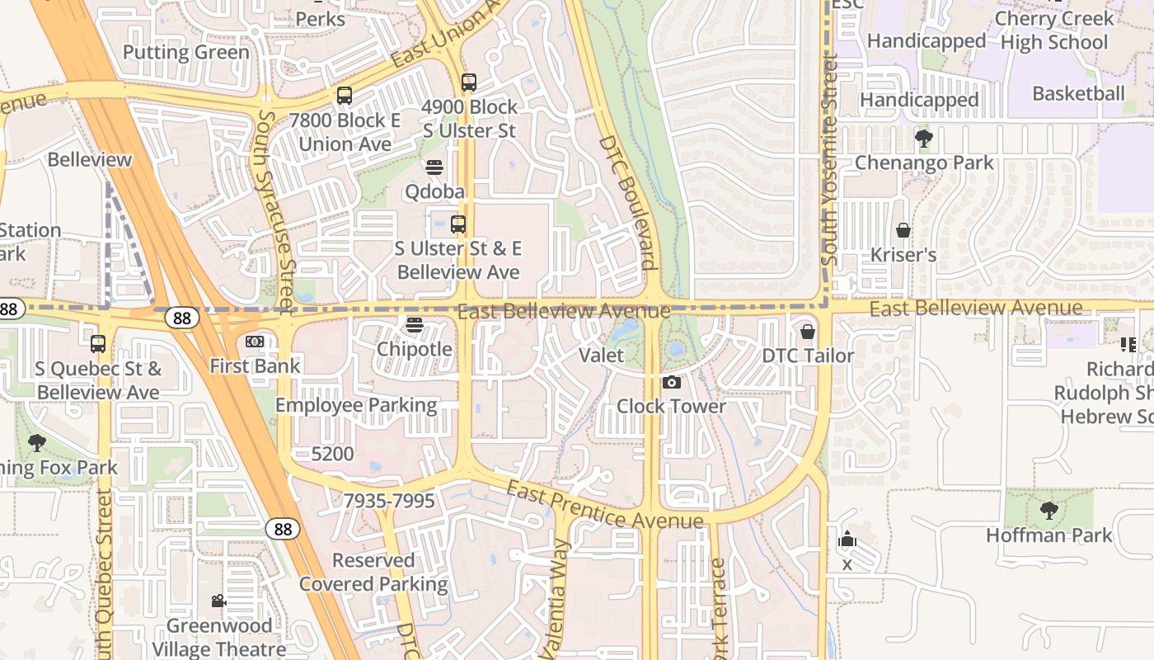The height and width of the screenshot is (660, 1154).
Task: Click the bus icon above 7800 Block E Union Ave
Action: pyautogui.click(x=345, y=96)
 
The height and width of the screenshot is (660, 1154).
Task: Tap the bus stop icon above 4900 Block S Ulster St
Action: pyautogui.click(x=469, y=82)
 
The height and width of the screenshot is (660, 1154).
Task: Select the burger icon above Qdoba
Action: pyautogui.click(x=434, y=167)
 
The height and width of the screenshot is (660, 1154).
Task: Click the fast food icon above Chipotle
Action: pyautogui.click(x=415, y=325)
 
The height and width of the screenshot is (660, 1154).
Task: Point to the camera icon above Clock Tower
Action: pyautogui.click(x=672, y=382)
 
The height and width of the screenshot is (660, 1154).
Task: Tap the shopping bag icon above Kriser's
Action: pyautogui.click(x=903, y=230)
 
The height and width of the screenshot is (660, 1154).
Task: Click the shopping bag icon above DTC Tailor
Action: pyautogui.click(x=808, y=332)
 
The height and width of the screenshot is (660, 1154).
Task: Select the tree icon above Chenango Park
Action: pyautogui.click(x=924, y=139)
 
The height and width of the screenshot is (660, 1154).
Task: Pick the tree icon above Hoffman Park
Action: pyautogui.click(x=1049, y=511)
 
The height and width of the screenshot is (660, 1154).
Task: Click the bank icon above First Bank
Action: pyautogui.click(x=255, y=342)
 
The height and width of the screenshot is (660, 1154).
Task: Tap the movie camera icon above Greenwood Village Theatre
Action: pyautogui.click(x=218, y=601)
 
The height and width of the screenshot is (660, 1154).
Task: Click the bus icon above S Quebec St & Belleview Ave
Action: pyautogui.click(x=98, y=343)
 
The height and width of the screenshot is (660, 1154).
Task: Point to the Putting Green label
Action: pyautogui.click(x=186, y=53)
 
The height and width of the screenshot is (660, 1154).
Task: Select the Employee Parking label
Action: pyautogui.click(x=356, y=405)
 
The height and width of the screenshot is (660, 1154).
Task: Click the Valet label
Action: pyautogui.click(x=602, y=356)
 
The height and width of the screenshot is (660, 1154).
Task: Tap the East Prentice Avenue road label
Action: pyautogui.click(x=605, y=505)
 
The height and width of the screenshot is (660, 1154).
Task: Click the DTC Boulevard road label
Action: pyautogui.click(x=628, y=202)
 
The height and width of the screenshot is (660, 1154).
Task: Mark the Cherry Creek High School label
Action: pyautogui.click(x=1054, y=31)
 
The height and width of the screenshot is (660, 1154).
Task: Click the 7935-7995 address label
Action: pyautogui.click(x=388, y=501)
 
